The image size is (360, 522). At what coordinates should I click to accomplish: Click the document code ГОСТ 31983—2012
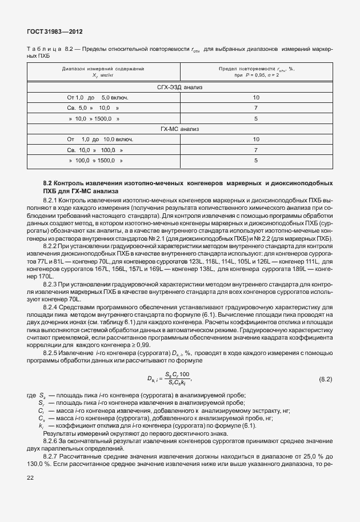tap(51, 33)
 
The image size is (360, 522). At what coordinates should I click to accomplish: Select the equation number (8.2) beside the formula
tap(325, 379)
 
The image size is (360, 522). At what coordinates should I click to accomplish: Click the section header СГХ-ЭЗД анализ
tap(180, 87)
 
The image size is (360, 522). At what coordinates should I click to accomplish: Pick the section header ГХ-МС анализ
tap(180, 129)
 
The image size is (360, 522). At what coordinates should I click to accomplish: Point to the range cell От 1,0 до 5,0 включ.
tap(97, 98)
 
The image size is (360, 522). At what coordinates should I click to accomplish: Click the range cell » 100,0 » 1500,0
tap(94, 161)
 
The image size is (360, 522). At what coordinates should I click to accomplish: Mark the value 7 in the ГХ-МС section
tap(256, 150)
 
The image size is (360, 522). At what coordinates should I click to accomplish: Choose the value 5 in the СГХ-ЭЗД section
tap(256, 119)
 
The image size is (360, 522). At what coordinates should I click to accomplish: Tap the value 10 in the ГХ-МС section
tap(256, 140)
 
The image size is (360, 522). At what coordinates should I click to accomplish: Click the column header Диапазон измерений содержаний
tap(103, 71)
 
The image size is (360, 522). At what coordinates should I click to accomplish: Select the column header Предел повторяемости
tap(255, 71)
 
